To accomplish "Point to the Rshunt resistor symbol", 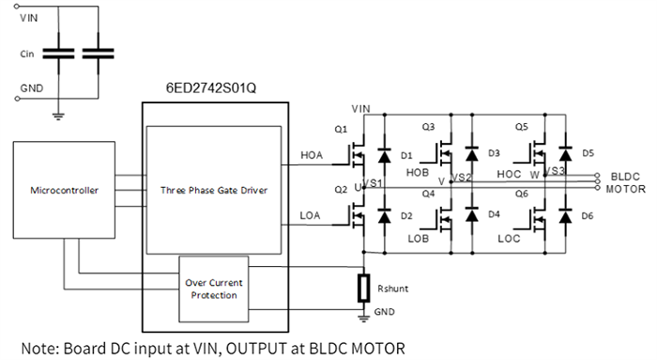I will pyautogui.click(x=363, y=289).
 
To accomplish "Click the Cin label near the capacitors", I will pyautogui.click(x=31, y=54).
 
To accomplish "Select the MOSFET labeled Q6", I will pyautogui.click(x=538, y=217).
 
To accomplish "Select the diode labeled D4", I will pyautogui.click(x=472, y=217).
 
